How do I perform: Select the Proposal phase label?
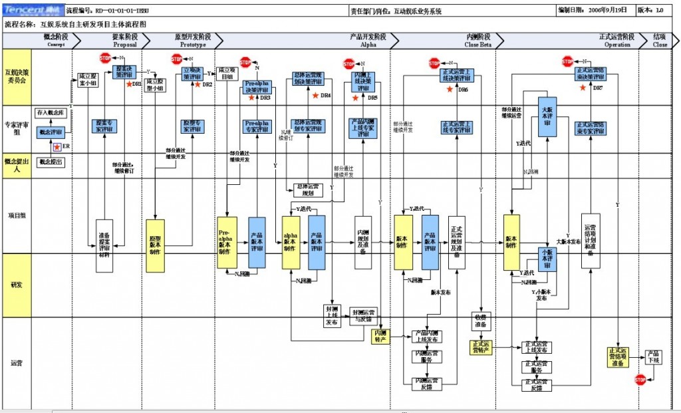point(124,41)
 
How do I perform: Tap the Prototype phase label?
point(190,41)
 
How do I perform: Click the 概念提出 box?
point(51,162)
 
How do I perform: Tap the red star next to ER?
point(58,146)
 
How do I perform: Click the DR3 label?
point(265,98)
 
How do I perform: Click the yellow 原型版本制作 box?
point(155,245)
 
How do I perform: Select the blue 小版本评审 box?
point(547,259)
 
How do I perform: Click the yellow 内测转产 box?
point(381,336)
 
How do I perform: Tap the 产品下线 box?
point(654,357)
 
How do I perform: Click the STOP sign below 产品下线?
point(640,379)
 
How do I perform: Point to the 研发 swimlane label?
point(17,285)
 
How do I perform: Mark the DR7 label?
point(597,87)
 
